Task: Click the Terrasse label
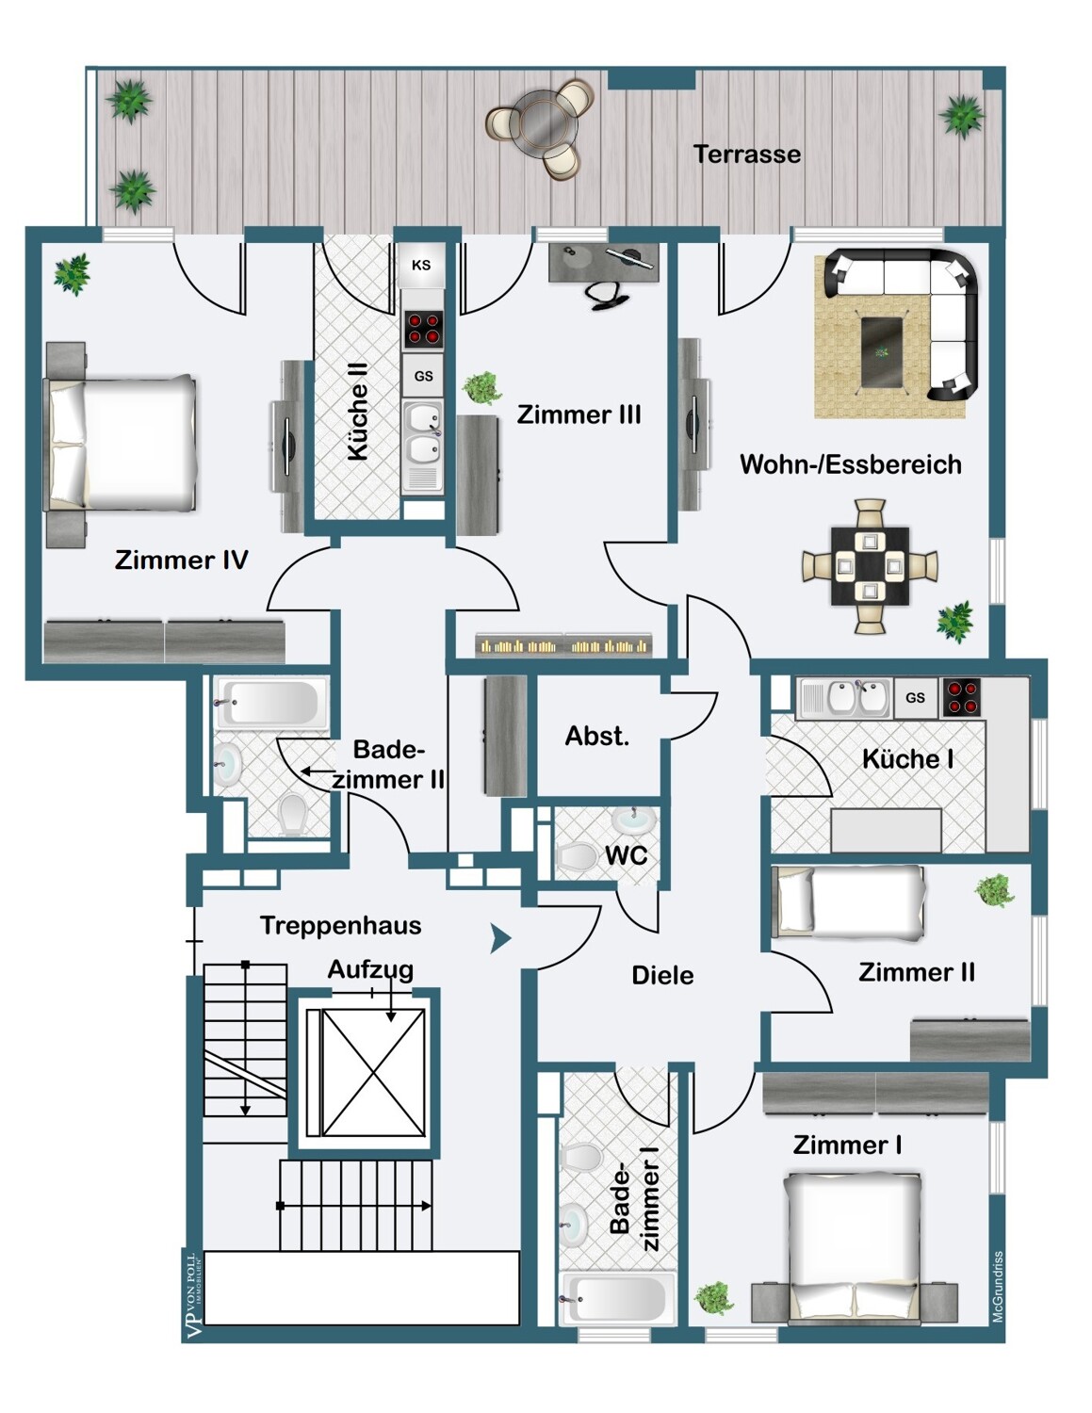746,154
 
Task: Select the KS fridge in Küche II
421,265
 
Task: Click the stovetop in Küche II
423,329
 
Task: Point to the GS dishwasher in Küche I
916,698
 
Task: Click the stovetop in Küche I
961,698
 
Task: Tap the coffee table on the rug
882,353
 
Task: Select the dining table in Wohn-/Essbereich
871,566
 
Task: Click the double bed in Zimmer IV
121,443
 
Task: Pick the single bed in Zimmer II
851,903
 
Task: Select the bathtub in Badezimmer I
615,1299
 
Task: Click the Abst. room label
597,736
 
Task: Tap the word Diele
662,975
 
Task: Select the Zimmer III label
579,414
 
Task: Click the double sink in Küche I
845,698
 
